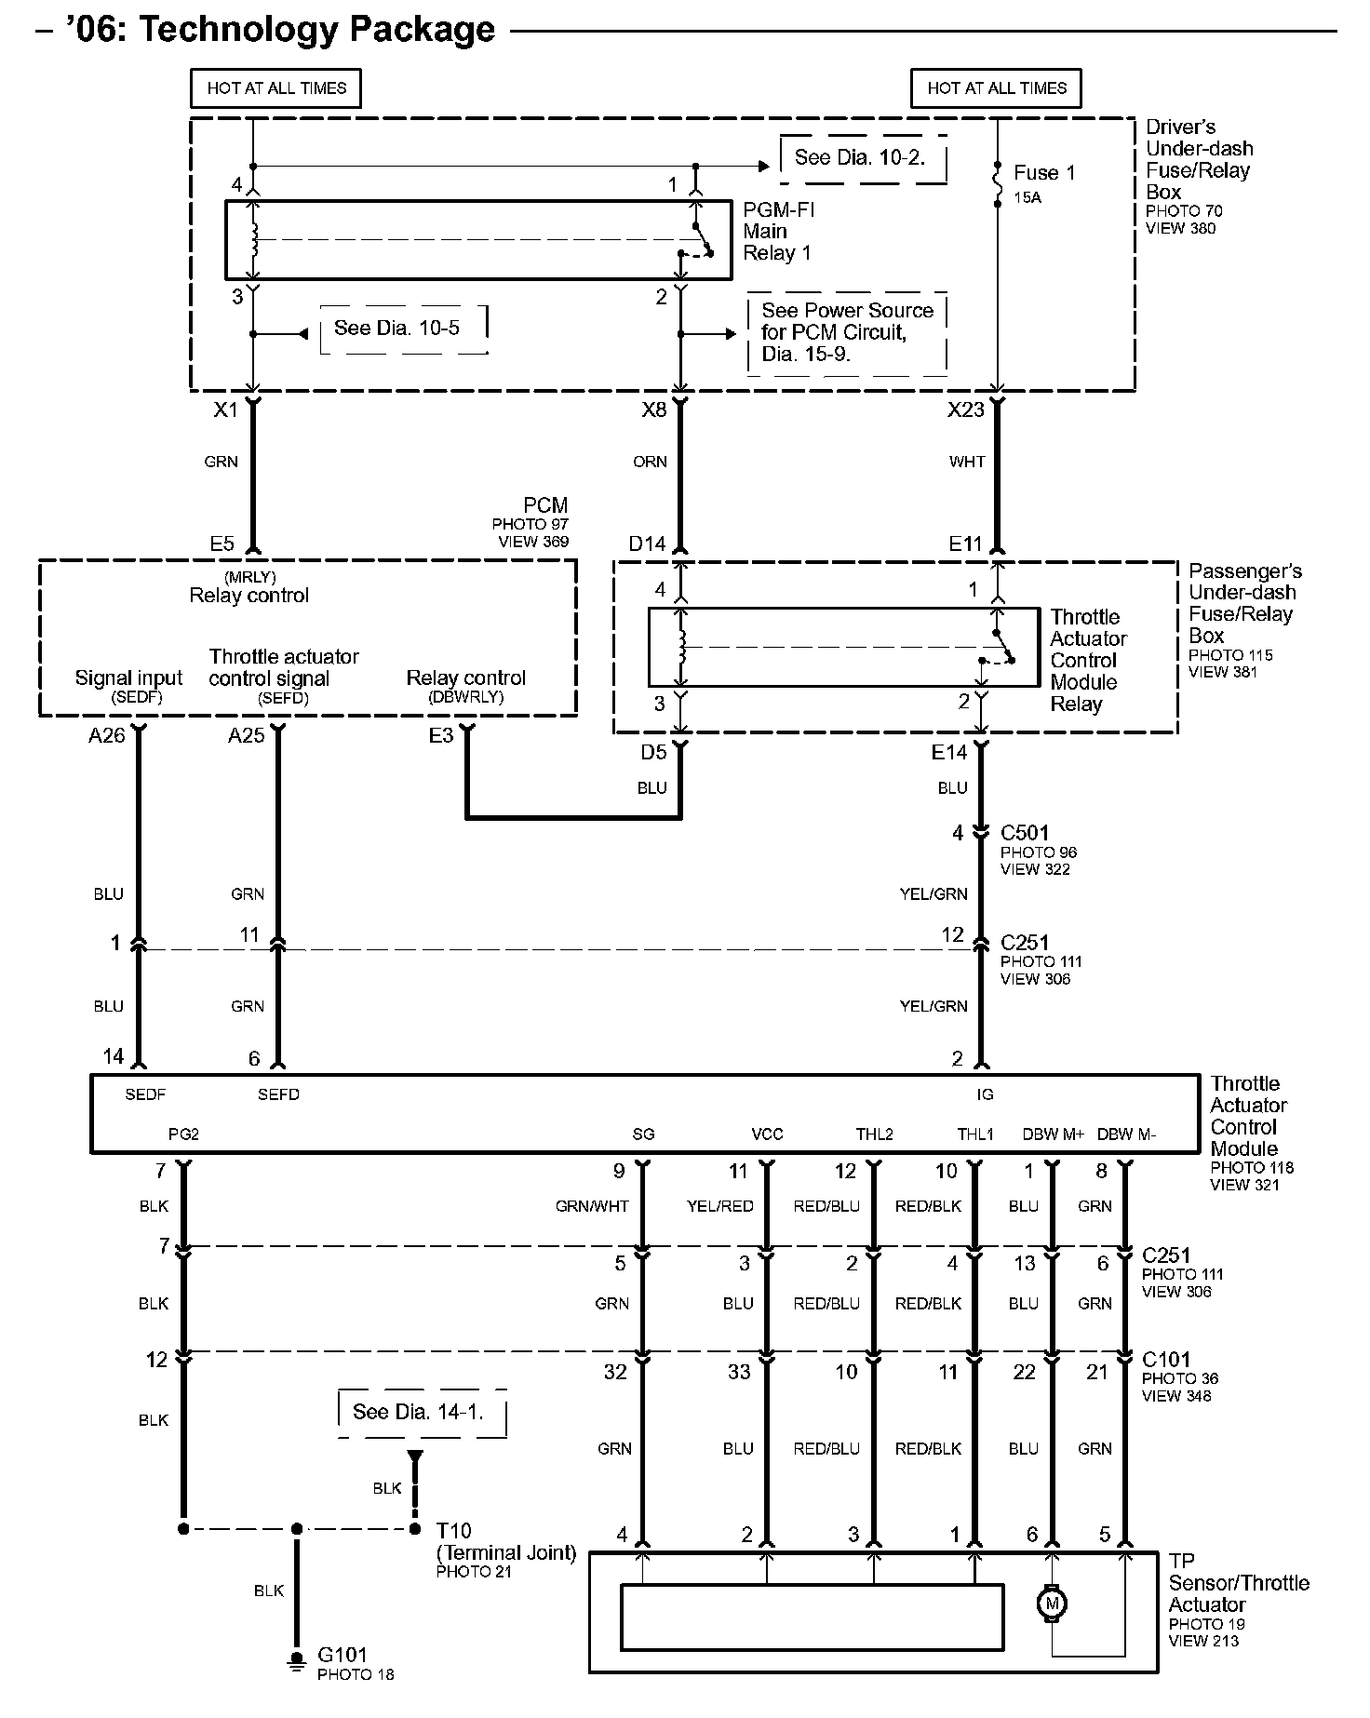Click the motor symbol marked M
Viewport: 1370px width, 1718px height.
pos(1053,1604)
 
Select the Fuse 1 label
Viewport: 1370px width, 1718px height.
pos(1043,173)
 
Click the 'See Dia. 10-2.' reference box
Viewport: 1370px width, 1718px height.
pos(861,158)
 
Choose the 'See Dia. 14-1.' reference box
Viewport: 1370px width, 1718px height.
pos(419,1412)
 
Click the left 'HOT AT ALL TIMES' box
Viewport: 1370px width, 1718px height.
pos(276,88)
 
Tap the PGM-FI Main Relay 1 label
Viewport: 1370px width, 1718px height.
pos(778,232)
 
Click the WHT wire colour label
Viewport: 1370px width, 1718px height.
pos(967,462)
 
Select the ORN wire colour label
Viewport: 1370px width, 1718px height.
pos(650,462)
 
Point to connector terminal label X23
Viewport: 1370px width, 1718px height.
pos(965,410)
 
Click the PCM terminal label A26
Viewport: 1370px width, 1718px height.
pos(106,736)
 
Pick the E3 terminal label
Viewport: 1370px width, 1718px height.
pos(441,736)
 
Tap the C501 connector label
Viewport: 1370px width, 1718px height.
pos(1025,833)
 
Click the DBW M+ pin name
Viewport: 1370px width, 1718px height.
pos(1054,1134)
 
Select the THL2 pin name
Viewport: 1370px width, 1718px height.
pos(874,1134)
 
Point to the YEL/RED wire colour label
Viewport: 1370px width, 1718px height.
pos(719,1206)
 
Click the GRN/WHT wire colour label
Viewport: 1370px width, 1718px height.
pos(592,1206)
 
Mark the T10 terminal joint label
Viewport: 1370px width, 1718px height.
pos(454,1531)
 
